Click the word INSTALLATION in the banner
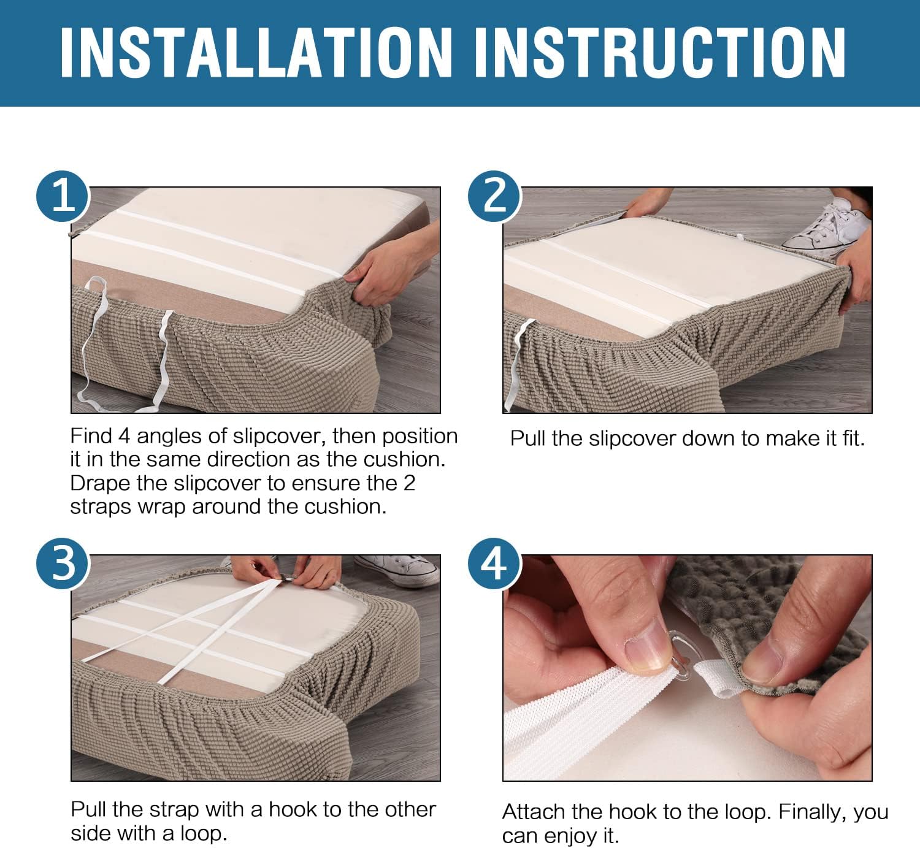pos(256,52)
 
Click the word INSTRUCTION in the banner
pos(660,52)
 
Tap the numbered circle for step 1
pos(63,196)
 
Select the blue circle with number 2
pos(494,196)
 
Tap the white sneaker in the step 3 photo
pos(399,571)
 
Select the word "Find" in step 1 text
pos(91,436)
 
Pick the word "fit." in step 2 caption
pos(853,438)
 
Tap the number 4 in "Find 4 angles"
pos(124,437)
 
